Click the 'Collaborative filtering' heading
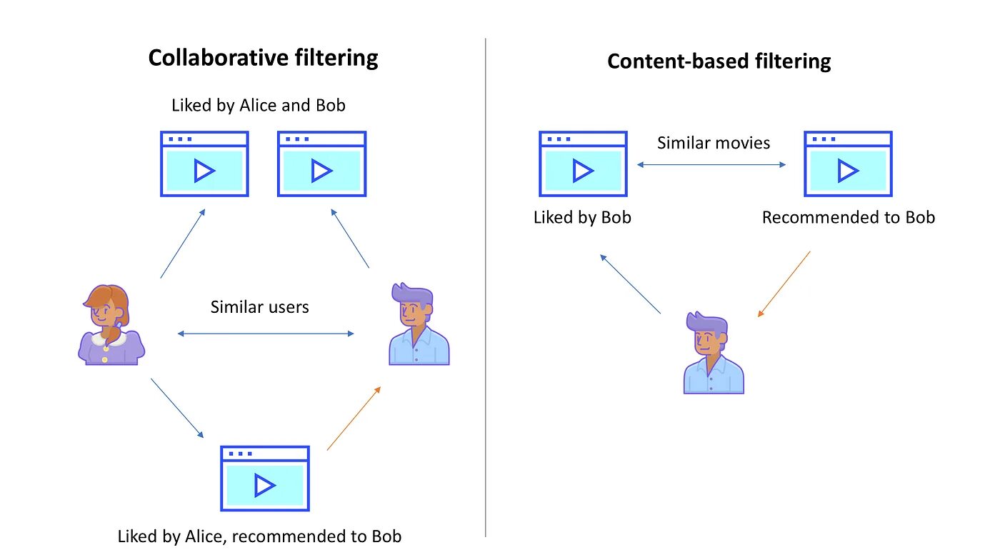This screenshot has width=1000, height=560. point(263,59)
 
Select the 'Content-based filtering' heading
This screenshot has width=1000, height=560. point(719,61)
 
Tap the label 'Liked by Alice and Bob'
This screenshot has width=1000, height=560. point(259,106)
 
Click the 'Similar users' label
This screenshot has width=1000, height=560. point(259,307)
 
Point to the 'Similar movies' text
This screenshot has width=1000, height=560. point(714,143)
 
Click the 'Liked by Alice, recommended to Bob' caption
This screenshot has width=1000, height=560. point(259,536)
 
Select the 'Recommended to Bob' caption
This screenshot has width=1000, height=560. point(849,217)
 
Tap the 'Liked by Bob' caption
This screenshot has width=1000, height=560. point(582,217)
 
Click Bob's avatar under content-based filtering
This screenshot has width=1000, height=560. point(714,353)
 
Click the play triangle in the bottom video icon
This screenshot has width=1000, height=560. point(264,486)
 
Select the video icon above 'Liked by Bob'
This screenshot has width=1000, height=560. point(583,164)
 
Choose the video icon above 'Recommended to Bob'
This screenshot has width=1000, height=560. point(848,164)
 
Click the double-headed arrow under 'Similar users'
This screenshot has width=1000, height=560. point(266,334)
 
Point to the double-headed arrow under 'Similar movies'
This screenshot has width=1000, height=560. point(711,165)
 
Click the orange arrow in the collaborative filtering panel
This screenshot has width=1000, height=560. point(354,419)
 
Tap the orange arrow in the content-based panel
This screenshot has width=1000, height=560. point(784,284)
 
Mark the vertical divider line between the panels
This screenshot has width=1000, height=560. point(485,287)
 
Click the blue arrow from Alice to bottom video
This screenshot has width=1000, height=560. point(177,408)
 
